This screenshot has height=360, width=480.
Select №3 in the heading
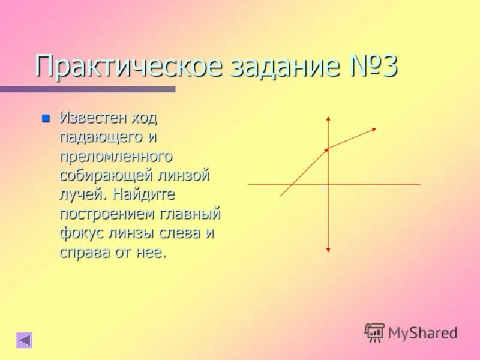click(x=374, y=67)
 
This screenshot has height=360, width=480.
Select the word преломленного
click(x=116, y=156)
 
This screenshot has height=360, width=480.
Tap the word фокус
click(x=80, y=233)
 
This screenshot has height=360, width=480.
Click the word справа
click(x=84, y=252)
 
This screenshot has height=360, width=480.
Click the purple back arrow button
click(x=25, y=340)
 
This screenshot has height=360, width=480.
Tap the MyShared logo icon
click(x=374, y=332)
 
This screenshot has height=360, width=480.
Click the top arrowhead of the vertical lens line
click(x=328, y=119)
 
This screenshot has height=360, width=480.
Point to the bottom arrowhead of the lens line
click(x=328, y=249)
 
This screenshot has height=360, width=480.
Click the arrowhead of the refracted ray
click(x=374, y=129)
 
